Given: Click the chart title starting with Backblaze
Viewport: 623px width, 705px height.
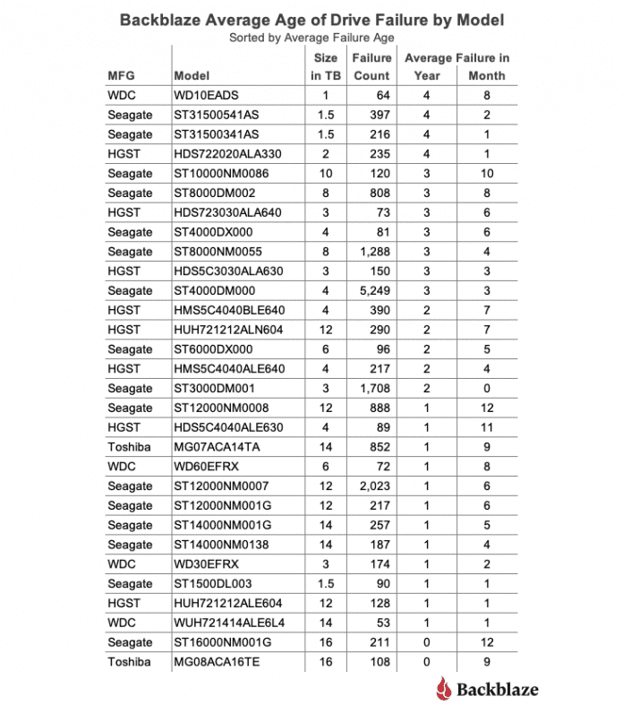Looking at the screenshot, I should tap(311, 19).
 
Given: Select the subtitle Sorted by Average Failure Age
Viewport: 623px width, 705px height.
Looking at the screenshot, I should tap(311, 37).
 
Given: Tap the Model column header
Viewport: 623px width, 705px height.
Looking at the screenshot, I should tap(192, 76).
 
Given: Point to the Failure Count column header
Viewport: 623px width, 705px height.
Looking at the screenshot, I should tap(371, 67).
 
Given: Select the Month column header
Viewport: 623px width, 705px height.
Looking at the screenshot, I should tap(487, 76).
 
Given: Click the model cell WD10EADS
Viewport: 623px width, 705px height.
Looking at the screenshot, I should tap(207, 96).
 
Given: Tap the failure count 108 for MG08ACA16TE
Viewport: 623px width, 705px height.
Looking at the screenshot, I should tap(380, 662).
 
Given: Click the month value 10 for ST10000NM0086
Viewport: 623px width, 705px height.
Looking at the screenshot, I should tap(487, 174).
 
